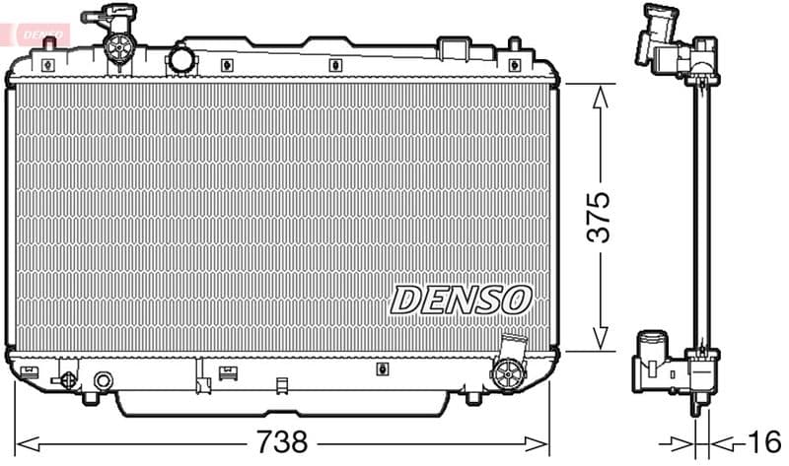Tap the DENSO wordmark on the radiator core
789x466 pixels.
[462, 299]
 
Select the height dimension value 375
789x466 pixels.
[599, 217]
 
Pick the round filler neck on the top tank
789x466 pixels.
[181, 58]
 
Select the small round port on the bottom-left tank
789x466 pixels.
[103, 379]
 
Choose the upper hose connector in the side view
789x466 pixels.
[667, 39]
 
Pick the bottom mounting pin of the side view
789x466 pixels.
[701, 404]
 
